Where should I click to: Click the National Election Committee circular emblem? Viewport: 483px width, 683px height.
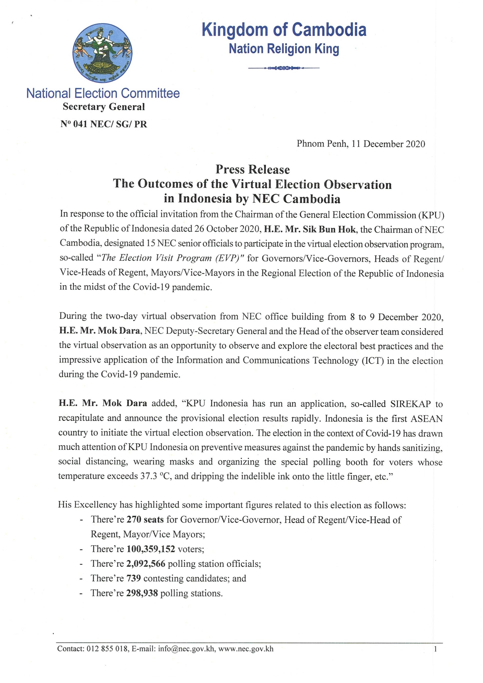[x=102, y=53]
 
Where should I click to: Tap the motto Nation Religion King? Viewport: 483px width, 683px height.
[x=284, y=48]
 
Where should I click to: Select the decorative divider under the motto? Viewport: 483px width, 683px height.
[x=284, y=68]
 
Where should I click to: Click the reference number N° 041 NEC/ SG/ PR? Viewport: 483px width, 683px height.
[x=104, y=124]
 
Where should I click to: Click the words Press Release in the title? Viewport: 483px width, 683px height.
[x=252, y=170]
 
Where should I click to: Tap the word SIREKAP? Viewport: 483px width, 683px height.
[x=410, y=404]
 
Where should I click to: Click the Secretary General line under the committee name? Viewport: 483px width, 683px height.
[x=104, y=107]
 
